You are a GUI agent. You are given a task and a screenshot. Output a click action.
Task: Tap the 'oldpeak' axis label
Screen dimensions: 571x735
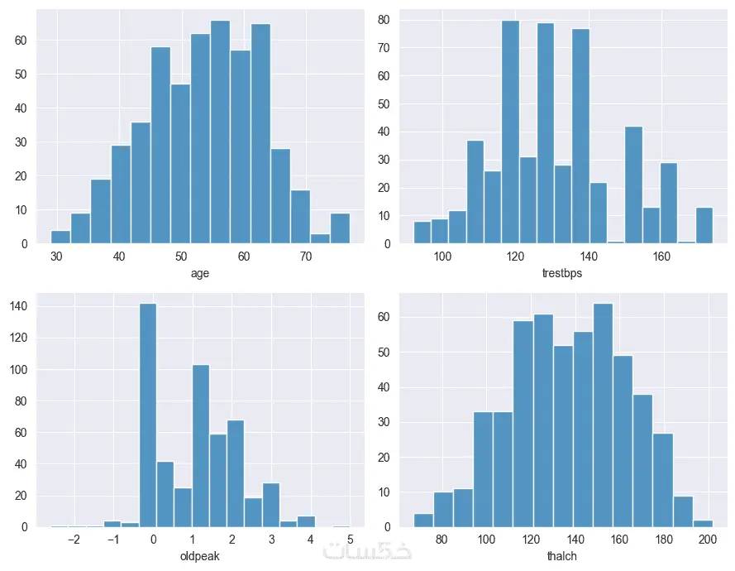point(199,556)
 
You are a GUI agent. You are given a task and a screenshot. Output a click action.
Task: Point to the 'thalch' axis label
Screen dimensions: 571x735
point(562,556)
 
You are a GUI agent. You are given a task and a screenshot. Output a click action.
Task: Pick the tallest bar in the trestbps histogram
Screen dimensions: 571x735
point(510,132)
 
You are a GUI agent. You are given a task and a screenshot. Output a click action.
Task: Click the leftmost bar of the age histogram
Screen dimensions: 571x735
point(60,238)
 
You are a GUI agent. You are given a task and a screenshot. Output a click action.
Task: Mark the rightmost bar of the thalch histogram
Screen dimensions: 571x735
point(703,523)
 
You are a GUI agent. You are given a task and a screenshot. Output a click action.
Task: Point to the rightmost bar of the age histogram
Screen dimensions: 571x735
point(340,229)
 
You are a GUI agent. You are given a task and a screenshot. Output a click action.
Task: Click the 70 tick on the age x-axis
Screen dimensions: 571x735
point(306,257)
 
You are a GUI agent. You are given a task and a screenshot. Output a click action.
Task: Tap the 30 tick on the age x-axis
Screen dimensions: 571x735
point(57,257)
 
